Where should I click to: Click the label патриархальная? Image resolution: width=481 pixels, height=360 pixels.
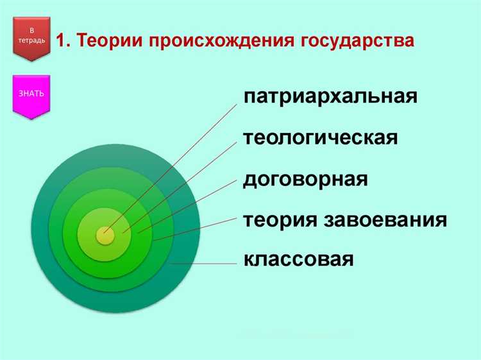click(x=330, y=97)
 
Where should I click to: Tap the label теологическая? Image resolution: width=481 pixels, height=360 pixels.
click(x=321, y=138)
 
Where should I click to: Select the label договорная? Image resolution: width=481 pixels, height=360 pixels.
click(x=305, y=179)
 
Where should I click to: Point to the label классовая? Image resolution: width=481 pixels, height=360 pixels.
click(x=299, y=260)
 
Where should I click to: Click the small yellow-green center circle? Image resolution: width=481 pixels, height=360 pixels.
click(x=105, y=235)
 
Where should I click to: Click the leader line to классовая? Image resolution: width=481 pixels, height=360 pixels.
click(x=205, y=264)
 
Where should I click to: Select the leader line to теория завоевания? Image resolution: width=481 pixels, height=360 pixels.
click(x=199, y=228)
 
